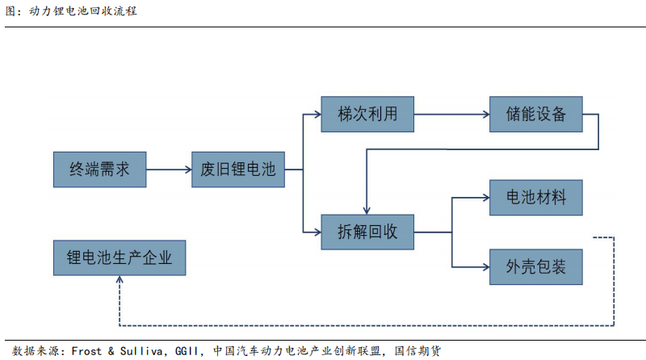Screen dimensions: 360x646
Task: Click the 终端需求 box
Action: point(99,170)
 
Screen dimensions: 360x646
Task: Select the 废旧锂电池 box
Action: point(237,170)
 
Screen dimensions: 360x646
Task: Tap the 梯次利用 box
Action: point(367,115)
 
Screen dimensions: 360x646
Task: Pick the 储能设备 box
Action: point(536,115)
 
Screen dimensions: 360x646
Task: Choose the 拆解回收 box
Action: point(367,232)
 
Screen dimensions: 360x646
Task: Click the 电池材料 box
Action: point(536,197)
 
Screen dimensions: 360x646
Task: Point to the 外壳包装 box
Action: point(536,265)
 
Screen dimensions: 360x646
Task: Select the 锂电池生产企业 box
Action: point(119,258)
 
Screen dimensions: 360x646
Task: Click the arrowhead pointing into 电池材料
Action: point(484,197)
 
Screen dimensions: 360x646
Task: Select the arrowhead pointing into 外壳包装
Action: point(484,265)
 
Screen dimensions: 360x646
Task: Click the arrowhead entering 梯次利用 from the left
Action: point(316,115)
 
